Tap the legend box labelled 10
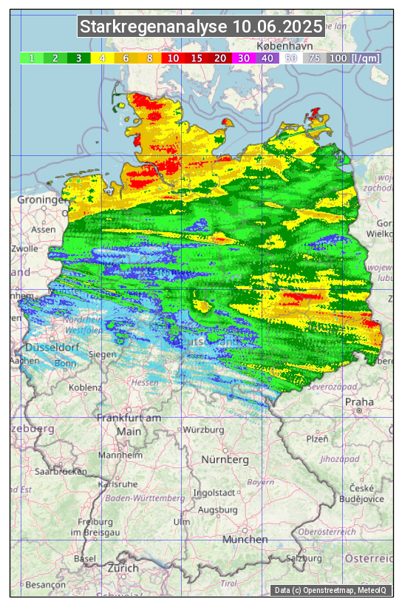[x=173, y=58]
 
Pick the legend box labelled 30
[x=244, y=58]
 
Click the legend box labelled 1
[x=32, y=58]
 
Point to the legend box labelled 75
[x=314, y=58]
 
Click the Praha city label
[x=359, y=402]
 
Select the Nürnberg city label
[x=225, y=459]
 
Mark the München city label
[x=245, y=539]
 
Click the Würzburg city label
[x=203, y=430]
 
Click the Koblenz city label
[x=85, y=387]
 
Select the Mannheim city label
[x=120, y=455]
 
